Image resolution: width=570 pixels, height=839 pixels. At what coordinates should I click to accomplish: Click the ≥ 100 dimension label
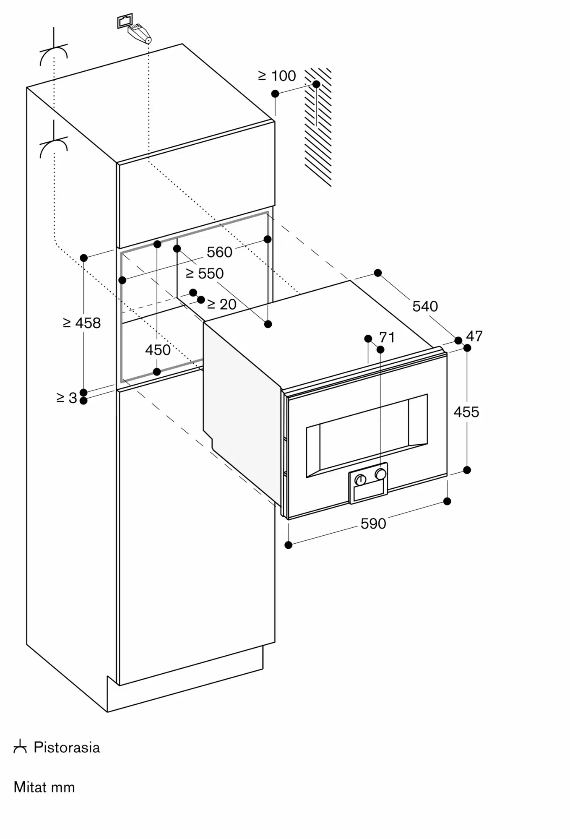277,76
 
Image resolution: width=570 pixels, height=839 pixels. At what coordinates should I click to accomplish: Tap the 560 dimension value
219,252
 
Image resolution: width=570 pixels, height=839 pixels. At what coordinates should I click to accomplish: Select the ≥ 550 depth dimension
205,274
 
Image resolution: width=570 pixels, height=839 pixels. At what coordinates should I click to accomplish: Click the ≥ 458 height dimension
82,323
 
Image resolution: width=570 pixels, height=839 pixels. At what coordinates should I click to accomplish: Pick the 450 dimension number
158,350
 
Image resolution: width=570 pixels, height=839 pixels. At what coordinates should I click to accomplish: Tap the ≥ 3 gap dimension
67,398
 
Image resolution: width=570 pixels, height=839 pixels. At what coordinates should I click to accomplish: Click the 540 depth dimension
425,306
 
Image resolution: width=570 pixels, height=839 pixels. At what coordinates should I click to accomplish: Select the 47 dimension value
474,336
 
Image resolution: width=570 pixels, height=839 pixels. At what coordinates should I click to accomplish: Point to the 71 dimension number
387,337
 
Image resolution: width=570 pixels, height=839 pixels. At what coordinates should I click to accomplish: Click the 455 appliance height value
466,412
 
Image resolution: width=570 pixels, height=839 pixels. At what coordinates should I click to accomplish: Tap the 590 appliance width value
373,524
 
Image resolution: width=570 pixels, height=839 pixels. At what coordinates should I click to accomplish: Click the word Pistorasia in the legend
67,748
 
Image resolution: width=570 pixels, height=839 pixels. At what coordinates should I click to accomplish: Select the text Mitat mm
44,787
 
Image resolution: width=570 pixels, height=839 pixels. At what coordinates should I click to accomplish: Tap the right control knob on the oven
381,474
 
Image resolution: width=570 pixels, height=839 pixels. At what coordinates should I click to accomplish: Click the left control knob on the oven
360,479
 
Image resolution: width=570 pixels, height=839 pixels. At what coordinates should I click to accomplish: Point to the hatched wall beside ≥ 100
318,127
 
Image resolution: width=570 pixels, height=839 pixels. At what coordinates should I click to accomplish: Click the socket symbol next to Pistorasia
20,747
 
